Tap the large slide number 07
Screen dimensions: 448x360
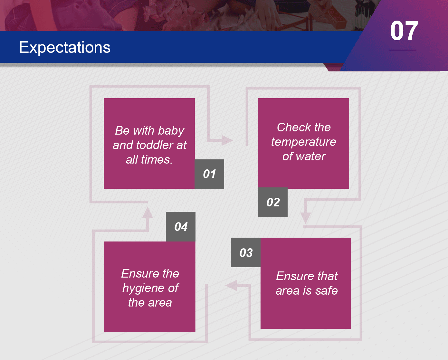(x=404, y=31)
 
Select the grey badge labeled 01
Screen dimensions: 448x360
(x=209, y=174)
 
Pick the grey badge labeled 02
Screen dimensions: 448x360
(x=273, y=202)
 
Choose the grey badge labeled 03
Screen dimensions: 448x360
(x=246, y=252)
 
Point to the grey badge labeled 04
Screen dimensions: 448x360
(x=180, y=227)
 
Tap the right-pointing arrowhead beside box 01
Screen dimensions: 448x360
(x=227, y=140)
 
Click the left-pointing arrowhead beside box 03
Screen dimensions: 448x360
(x=231, y=286)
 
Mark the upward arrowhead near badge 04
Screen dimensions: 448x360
(x=148, y=213)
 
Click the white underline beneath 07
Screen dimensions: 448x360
(x=403, y=50)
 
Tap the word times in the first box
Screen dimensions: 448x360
(x=157, y=160)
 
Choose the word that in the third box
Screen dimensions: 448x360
(x=327, y=276)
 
